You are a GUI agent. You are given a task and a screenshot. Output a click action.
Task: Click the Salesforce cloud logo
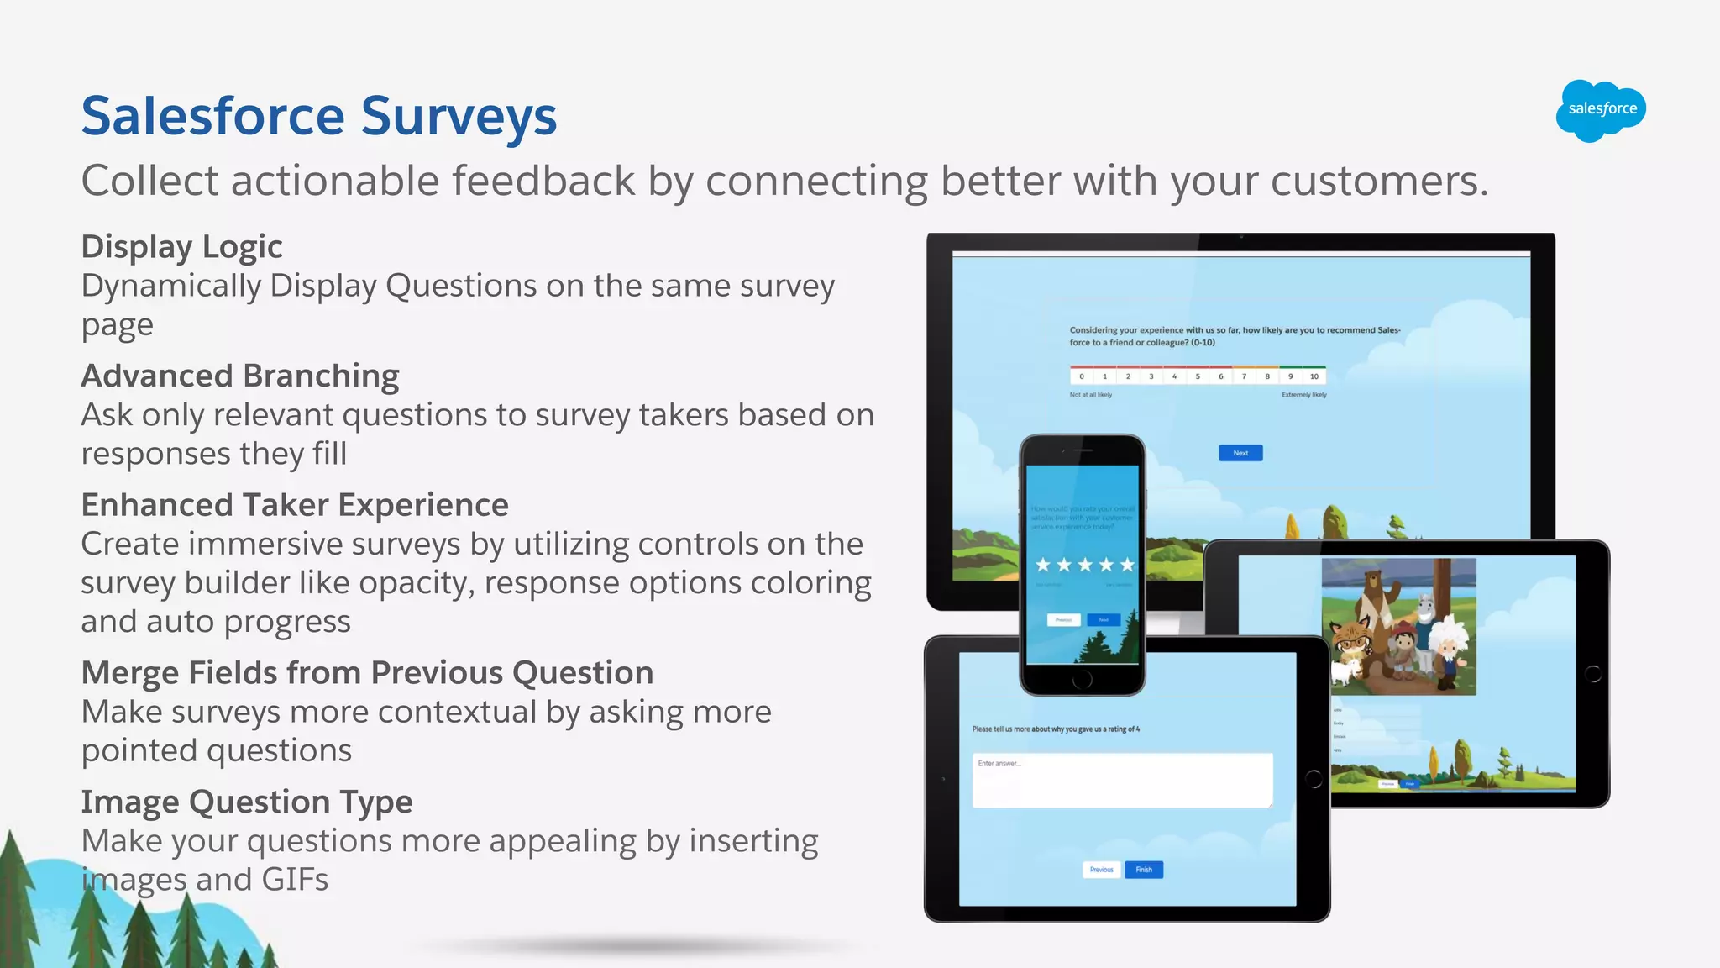(1601, 110)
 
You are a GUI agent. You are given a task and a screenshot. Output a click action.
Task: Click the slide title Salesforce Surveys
(319, 117)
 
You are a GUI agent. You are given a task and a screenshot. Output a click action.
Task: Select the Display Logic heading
(181, 247)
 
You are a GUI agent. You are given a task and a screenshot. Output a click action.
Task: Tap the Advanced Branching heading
(240, 376)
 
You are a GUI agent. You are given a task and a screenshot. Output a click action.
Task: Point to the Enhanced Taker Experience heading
(295, 505)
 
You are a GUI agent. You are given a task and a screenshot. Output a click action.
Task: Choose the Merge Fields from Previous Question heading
(367, 673)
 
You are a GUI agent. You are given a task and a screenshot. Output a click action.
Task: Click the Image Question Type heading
(247, 802)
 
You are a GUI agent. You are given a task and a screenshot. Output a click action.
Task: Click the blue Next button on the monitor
(1240, 453)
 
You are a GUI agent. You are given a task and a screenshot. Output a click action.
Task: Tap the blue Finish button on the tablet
(1144, 870)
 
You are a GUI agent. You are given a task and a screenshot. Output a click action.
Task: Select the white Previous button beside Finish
(1101, 870)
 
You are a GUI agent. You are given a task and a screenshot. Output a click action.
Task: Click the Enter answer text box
(1122, 781)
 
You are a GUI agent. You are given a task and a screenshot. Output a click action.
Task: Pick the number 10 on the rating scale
(1314, 376)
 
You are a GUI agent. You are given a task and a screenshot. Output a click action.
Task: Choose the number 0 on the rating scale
(1082, 376)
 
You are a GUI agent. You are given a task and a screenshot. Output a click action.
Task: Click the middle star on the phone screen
(1085, 565)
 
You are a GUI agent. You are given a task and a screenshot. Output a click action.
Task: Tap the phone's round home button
(1083, 678)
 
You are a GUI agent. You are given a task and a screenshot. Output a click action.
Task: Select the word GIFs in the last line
(295, 880)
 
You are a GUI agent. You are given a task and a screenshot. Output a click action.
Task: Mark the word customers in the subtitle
(1378, 181)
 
